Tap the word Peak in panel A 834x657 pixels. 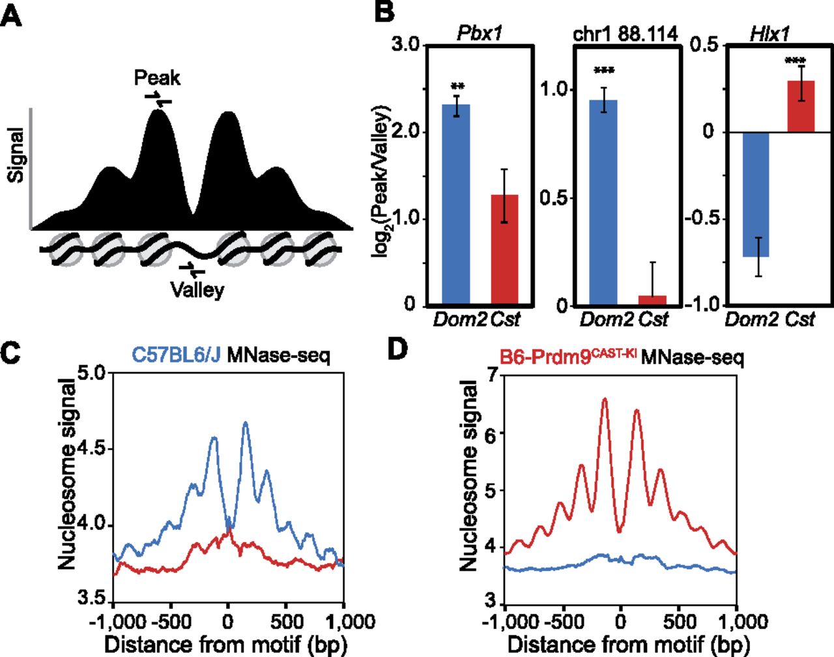click(157, 78)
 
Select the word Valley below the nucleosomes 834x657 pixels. click(197, 289)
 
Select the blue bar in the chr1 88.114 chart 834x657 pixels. click(603, 203)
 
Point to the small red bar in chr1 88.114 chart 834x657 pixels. click(652, 300)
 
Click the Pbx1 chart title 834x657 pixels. click(480, 33)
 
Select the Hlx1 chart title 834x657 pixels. click(769, 33)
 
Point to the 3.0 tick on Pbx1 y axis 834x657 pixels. click(405, 45)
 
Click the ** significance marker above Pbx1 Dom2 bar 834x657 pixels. click(457, 86)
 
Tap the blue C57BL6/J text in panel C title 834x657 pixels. click(177, 355)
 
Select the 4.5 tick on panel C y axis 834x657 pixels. click(93, 449)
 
